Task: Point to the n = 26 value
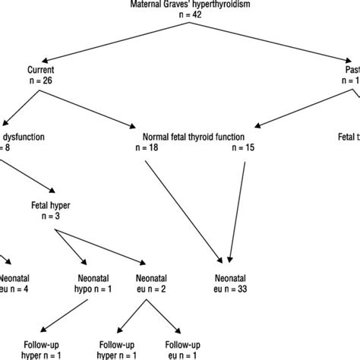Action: [x=38, y=80]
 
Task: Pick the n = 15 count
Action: [x=242, y=149]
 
